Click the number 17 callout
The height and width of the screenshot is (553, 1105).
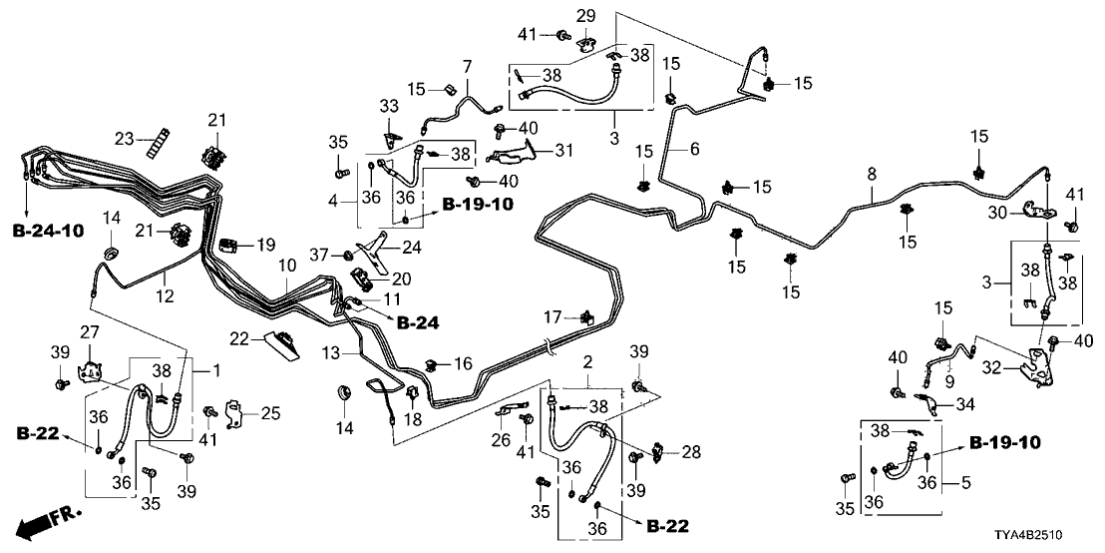coord(552,317)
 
